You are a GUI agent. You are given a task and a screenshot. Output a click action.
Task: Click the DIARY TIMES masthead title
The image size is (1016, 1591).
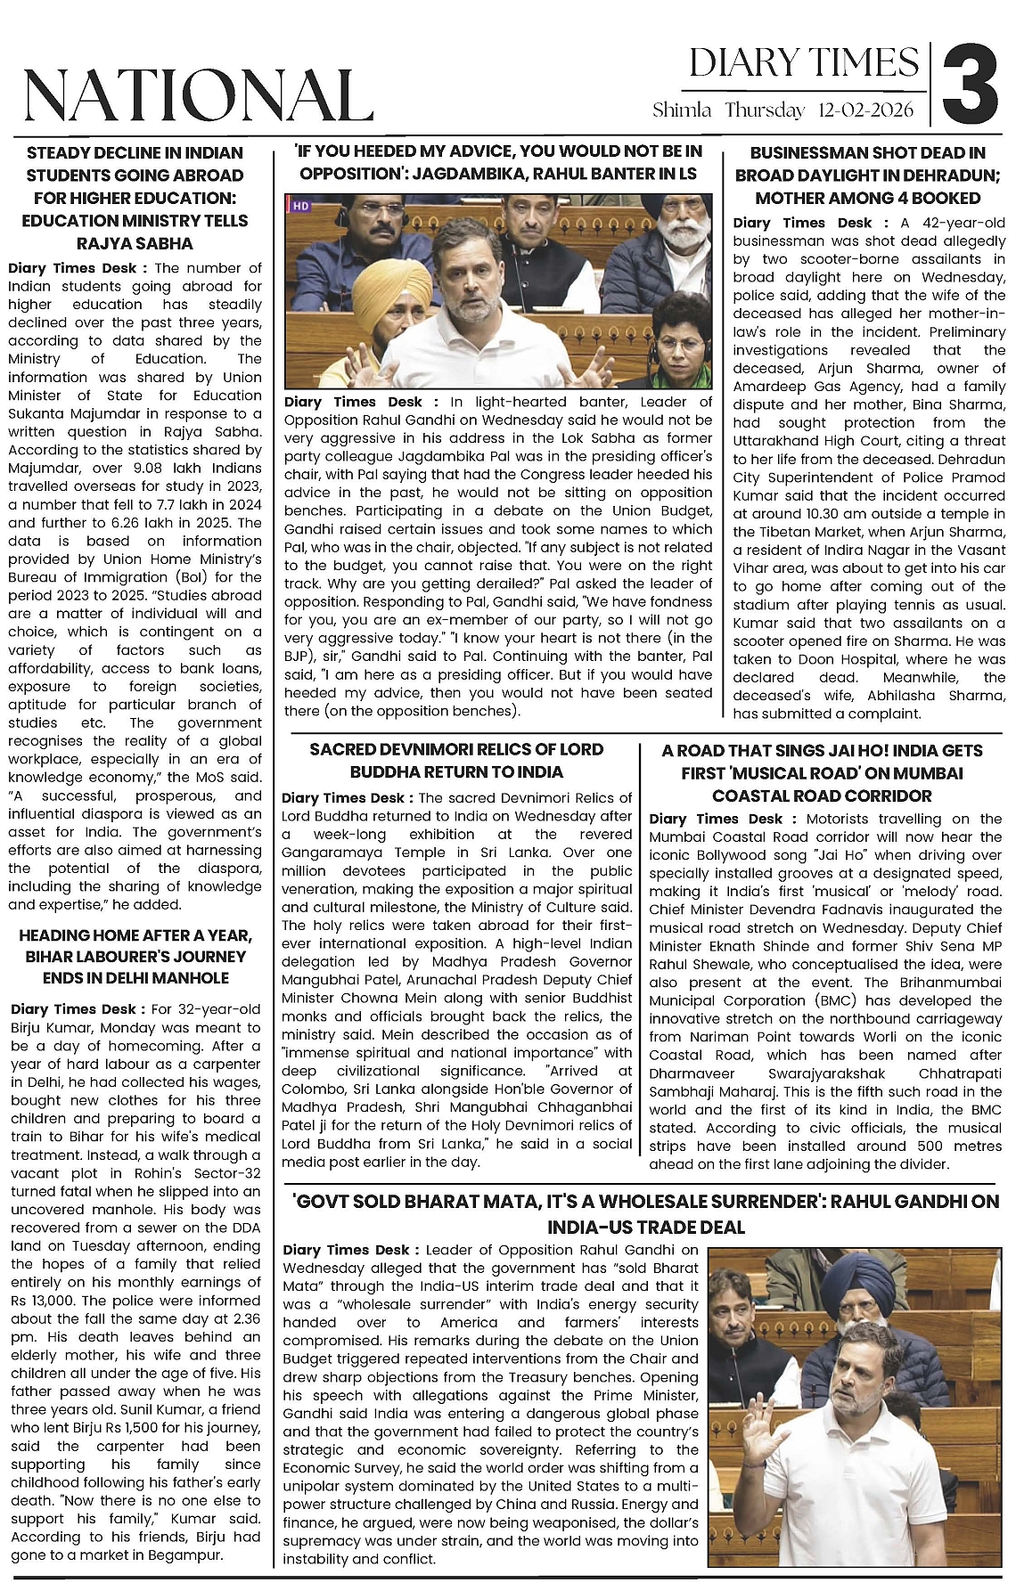pyautogui.click(x=803, y=63)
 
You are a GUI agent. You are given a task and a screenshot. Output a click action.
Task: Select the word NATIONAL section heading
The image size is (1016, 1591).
pyautogui.click(x=196, y=94)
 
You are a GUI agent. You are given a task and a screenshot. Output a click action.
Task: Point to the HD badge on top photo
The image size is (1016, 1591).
pyautogui.click(x=300, y=206)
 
